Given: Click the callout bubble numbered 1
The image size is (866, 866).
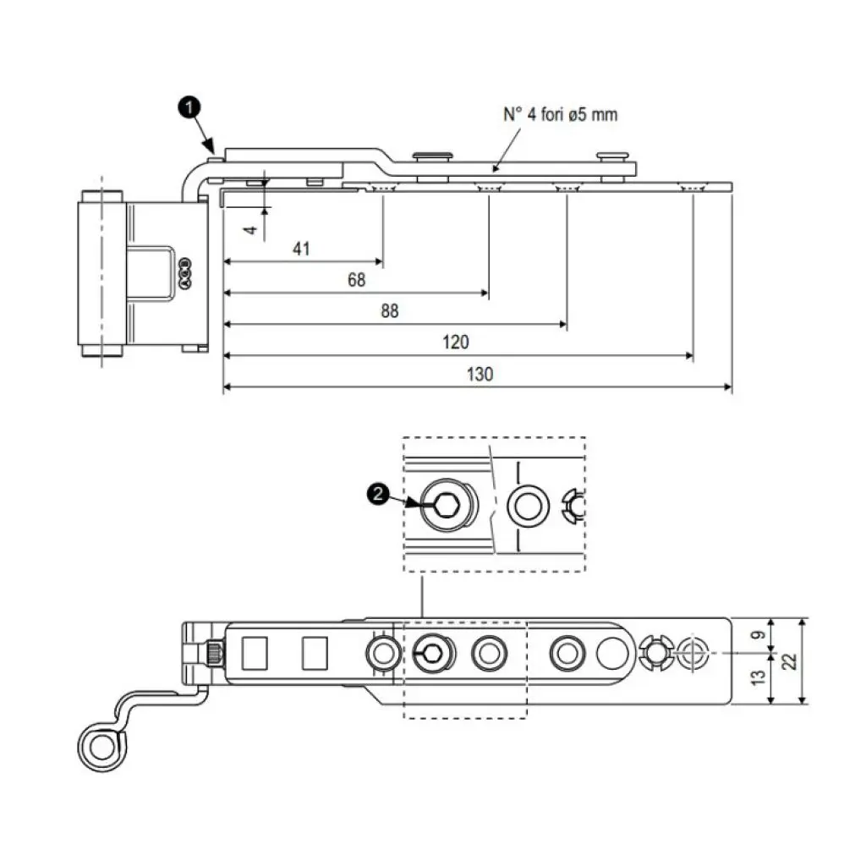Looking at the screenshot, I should tap(190, 107).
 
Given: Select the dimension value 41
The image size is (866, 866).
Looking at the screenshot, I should tap(301, 249).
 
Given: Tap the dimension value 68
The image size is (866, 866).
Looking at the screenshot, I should tap(356, 280).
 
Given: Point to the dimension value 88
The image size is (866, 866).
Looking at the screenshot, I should tap(388, 311).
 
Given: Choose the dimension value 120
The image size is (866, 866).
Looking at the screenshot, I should tap(455, 343).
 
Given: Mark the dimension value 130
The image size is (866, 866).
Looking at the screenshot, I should tap(480, 374).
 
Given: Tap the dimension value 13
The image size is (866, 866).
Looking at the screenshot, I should tap(759, 677).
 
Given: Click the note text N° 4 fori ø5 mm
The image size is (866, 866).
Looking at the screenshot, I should tap(561, 114).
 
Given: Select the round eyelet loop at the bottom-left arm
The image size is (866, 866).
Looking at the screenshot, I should tap(101, 748).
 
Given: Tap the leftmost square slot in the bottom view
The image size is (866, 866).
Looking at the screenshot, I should tap(255, 653).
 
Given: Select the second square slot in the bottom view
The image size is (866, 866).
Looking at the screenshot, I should tap(315, 653).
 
